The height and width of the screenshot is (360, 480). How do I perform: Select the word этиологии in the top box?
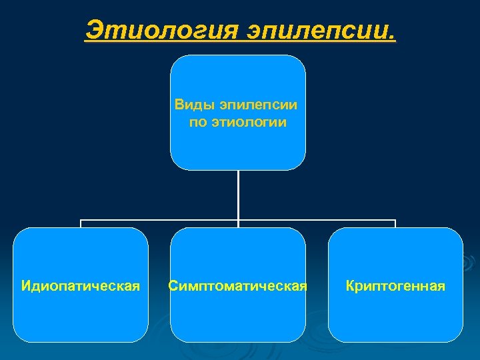tap(253, 122)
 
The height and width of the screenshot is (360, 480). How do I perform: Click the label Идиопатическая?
tap(81, 286)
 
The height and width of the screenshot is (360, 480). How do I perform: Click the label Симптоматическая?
tap(238, 286)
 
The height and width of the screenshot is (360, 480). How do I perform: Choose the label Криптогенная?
tap(395, 286)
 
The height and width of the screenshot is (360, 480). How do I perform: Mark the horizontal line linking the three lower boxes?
tap(160, 220)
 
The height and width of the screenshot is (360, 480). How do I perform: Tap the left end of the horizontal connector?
tap(81, 221)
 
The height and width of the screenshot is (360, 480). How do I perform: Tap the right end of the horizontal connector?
tap(395, 221)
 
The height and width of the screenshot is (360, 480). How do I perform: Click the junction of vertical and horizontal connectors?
tap(238, 220)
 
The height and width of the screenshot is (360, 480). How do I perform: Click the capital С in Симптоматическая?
tap(173, 286)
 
